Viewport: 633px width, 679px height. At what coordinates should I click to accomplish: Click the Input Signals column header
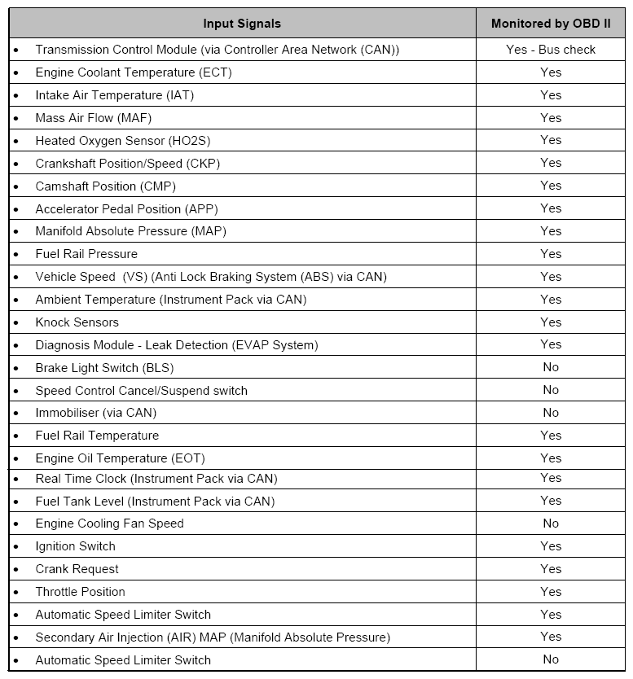(x=242, y=24)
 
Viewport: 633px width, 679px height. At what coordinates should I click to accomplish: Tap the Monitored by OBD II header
(x=551, y=24)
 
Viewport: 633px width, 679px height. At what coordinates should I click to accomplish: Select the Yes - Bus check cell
(x=551, y=50)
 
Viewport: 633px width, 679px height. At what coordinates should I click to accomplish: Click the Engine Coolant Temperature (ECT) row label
(x=134, y=72)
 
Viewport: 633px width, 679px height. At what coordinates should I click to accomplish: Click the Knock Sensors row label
(x=77, y=322)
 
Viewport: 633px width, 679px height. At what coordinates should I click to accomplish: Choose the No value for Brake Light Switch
(x=551, y=367)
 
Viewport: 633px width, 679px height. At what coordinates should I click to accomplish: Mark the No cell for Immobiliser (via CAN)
(x=551, y=413)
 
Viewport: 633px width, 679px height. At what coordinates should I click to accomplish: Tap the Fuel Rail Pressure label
(x=86, y=254)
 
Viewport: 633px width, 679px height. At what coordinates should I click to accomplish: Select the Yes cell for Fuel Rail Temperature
(x=551, y=436)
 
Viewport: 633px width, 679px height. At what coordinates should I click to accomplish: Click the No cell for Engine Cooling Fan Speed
(x=551, y=523)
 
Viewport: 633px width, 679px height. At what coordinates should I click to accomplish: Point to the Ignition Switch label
(x=75, y=546)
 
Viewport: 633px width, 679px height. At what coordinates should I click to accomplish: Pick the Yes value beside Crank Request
(x=551, y=569)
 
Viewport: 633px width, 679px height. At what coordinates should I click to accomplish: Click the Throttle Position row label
(x=80, y=592)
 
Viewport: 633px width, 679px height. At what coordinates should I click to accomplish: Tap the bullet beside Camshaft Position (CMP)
(x=15, y=186)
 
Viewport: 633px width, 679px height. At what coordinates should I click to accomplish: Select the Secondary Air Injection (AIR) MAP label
(x=213, y=637)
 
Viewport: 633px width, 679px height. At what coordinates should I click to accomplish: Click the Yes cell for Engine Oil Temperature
(x=551, y=458)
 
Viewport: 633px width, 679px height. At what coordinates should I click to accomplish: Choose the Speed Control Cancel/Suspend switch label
(x=141, y=391)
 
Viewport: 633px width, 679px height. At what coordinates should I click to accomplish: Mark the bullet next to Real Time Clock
(x=15, y=479)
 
